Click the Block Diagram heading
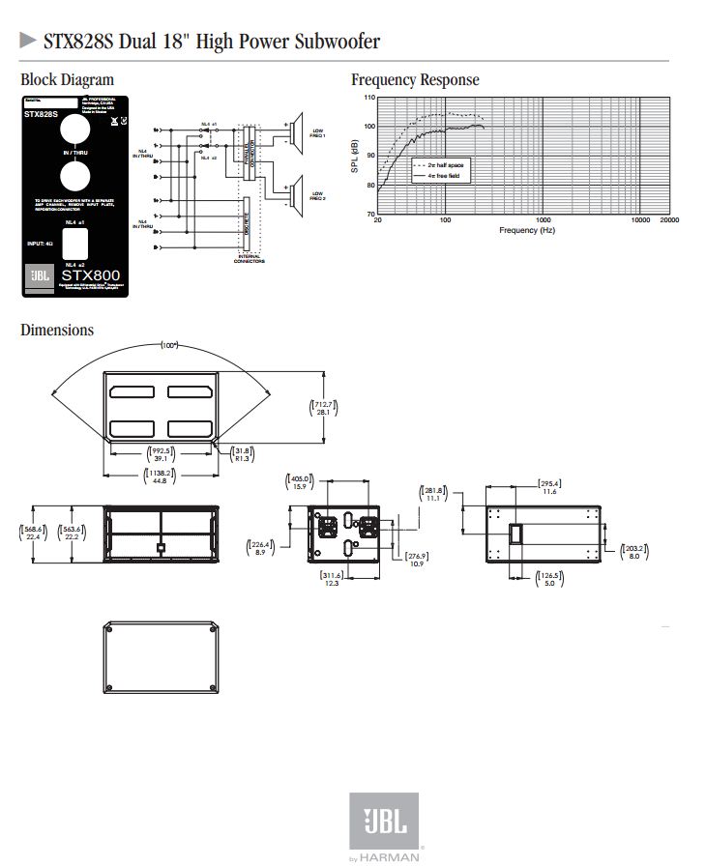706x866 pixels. [67, 80]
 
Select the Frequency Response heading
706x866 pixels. [415, 80]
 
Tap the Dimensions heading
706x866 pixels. [57, 331]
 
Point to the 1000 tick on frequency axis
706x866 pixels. [543, 220]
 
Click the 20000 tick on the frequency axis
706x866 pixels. [669, 220]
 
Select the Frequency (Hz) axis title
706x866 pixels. [527, 230]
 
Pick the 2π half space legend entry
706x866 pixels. [440, 166]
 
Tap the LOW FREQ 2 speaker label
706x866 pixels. [317, 194]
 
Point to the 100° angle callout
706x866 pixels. [170, 345]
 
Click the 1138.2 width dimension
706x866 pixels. [160, 476]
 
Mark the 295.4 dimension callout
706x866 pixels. [549, 487]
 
